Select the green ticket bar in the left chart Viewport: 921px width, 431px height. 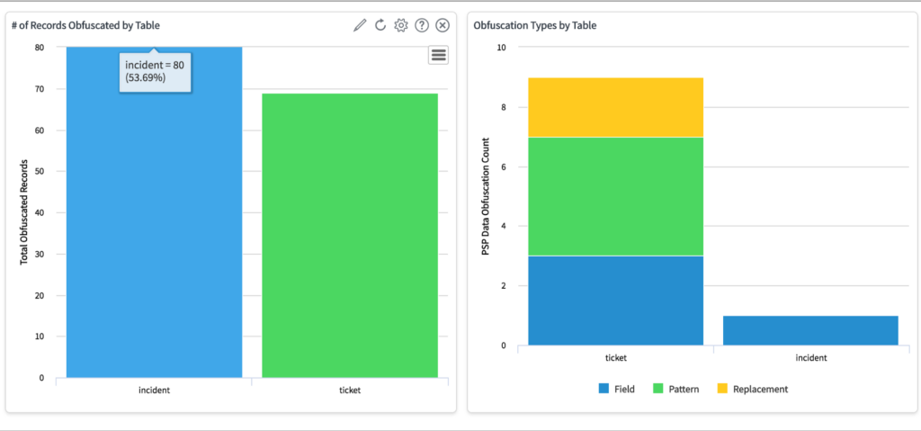pos(350,235)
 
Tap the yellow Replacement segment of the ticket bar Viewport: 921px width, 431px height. pos(615,107)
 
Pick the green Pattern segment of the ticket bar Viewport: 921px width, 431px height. pos(615,196)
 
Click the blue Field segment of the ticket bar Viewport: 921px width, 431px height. pos(615,301)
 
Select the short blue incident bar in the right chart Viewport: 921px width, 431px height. pos(810,330)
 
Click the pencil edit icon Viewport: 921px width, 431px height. pos(360,25)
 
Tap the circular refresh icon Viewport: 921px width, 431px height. pos(380,25)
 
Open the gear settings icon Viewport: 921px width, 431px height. pos(401,25)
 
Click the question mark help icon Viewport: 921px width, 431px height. pos(422,25)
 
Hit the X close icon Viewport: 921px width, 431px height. pos(443,25)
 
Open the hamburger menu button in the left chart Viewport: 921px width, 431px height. pos(439,55)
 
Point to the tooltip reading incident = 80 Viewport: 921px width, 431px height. pos(155,71)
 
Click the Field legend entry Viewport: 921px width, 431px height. pos(616,389)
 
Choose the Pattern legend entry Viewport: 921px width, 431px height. pos(675,389)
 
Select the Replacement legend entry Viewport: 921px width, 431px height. pos(753,389)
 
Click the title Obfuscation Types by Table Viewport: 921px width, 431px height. pos(535,25)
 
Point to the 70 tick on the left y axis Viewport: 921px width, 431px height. pos(39,89)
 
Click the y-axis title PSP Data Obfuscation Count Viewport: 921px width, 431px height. pos(485,196)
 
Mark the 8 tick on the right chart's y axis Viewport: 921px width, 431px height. pos(505,107)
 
